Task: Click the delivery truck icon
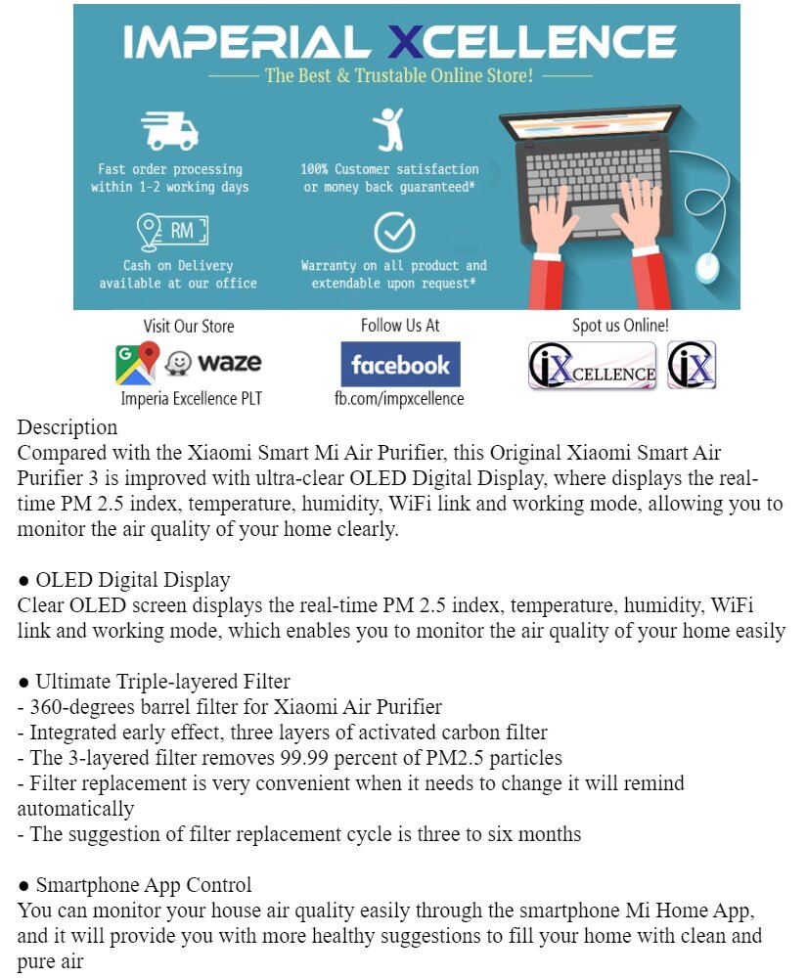tap(169, 131)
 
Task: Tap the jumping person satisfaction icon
tap(388, 130)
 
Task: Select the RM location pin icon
tap(172, 232)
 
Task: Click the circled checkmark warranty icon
tap(394, 233)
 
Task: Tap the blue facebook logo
tap(400, 365)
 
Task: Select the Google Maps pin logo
tap(137, 363)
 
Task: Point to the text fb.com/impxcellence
tap(399, 398)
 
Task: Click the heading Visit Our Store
tap(189, 326)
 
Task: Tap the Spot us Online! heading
tap(620, 326)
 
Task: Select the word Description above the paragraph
tap(67, 427)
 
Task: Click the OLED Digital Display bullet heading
tap(132, 580)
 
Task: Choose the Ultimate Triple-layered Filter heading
tap(162, 682)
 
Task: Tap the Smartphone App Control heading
tap(143, 885)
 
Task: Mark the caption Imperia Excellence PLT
tap(192, 398)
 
